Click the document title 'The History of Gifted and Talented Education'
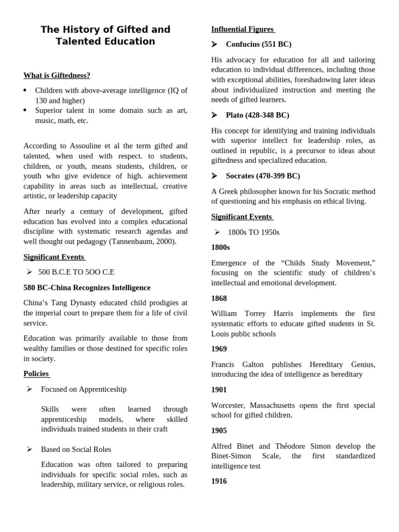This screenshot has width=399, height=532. tap(105, 35)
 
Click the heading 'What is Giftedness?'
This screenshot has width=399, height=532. tap(57, 75)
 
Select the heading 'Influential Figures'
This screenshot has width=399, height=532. tap(242, 29)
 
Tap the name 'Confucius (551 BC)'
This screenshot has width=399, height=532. tap(258, 44)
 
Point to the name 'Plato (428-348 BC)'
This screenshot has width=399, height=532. tap(257, 115)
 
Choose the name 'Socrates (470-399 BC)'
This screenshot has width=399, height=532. tap(262, 176)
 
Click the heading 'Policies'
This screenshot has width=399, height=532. tap(36, 374)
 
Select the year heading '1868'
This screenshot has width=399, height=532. tap(219, 298)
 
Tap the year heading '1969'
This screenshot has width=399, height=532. tap(219, 349)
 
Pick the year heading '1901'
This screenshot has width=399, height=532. tap(219, 390)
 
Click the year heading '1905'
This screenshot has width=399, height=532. tap(219, 430)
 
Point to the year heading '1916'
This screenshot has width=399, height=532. tap(219, 481)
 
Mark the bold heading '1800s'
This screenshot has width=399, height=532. tap(220, 247)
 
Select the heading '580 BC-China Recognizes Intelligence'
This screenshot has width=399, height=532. tap(87, 287)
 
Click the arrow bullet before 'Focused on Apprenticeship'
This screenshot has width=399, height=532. tap(30, 389)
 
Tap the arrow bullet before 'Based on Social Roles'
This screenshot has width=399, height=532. tap(30, 449)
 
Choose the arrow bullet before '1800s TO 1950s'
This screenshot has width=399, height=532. tap(217, 232)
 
